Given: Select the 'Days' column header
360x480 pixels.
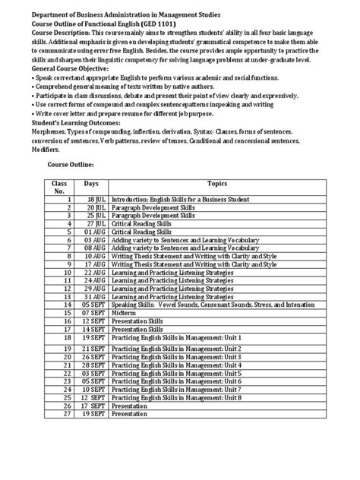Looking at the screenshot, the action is click(91, 183).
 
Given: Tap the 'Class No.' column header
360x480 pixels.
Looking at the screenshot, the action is click(60, 188).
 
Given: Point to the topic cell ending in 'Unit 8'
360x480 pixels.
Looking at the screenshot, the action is click(175, 397).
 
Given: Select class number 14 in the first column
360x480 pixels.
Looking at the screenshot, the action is click(66, 302).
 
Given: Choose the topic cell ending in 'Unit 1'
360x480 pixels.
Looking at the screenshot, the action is click(175, 336).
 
